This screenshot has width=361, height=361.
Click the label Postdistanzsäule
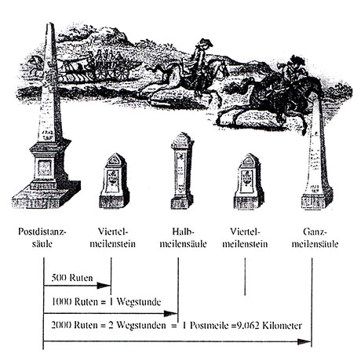pyautogui.click(x=42, y=238)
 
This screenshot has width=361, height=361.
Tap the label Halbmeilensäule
pyautogui.click(x=183, y=238)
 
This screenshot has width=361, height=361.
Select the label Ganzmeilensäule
pyautogui.click(x=315, y=238)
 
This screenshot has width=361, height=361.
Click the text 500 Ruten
pyautogui.click(x=72, y=278)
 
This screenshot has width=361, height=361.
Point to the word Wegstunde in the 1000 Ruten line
pyautogui.click(x=138, y=302)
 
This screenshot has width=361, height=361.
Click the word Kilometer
pyautogui.click(x=282, y=326)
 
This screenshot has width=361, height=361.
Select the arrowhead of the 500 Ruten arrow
pyautogui.click(x=104, y=286)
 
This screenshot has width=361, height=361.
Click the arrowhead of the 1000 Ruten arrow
pyautogui.click(x=171, y=313)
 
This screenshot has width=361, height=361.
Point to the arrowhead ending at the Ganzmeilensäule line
pyautogui.click(x=304, y=341)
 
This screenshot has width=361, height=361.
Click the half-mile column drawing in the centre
pyautogui.click(x=182, y=171)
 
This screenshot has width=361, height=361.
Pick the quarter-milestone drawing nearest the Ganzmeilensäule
pyautogui.click(x=249, y=181)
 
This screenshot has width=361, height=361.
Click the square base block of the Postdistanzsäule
pyautogui.click(x=46, y=194)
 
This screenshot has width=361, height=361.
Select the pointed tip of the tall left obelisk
pyautogui.click(x=49, y=23)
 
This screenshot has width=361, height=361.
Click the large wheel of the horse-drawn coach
pyautogui.click(x=121, y=71)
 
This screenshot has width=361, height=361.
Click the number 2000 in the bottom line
pyautogui.click(x=61, y=326)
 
